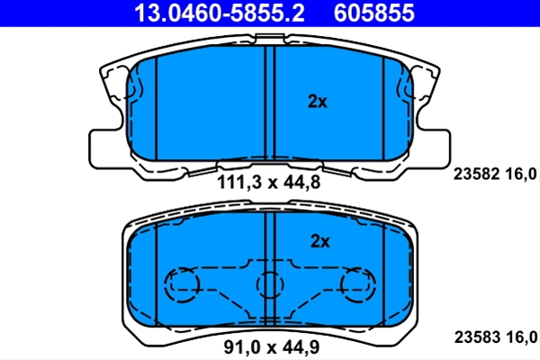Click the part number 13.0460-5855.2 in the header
point(220,13)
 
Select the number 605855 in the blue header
point(374,13)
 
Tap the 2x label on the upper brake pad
point(317,102)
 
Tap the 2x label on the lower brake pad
point(319,241)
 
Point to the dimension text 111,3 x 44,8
point(268,182)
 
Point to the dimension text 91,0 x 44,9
point(272,346)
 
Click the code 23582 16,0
point(495,174)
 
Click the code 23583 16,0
point(496,337)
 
